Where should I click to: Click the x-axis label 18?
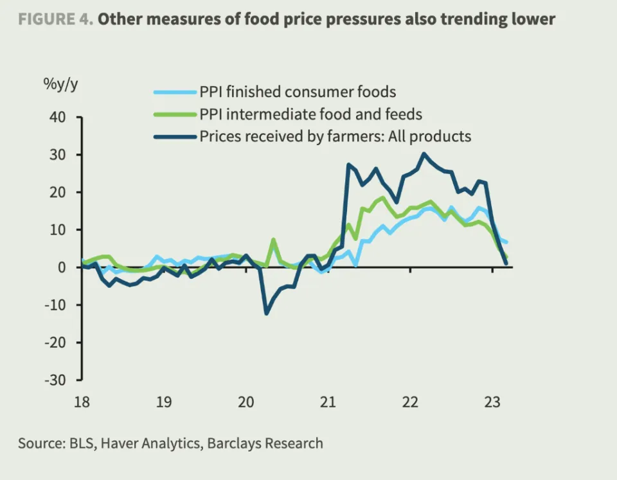point(82,403)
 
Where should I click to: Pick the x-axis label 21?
point(328,403)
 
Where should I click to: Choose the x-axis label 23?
point(492,403)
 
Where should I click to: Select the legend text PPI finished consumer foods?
point(298,92)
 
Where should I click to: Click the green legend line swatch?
point(175,114)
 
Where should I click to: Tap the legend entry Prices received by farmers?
point(335,136)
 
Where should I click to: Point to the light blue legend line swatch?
point(175,92)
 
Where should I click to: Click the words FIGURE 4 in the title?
point(56,19)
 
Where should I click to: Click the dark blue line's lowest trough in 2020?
point(266,313)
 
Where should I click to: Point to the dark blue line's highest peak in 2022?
point(424,154)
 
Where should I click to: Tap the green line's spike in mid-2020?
point(273,240)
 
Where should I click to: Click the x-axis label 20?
point(246,403)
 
